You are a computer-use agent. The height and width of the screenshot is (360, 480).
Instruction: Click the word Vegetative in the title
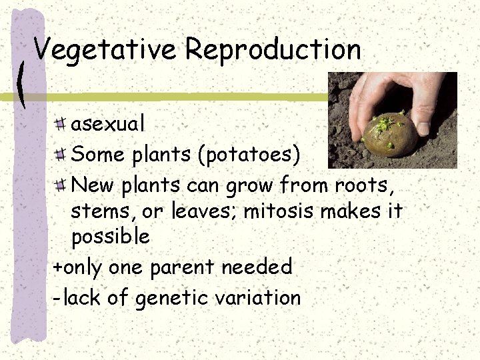(x=105, y=50)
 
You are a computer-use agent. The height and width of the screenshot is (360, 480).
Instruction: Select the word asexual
(x=107, y=123)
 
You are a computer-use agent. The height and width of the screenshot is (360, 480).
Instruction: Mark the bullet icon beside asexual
(x=61, y=123)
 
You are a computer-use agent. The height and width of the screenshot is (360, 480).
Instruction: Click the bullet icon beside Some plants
(x=61, y=154)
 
